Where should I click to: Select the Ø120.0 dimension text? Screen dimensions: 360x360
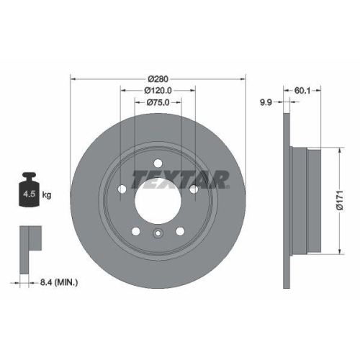[x=158, y=91]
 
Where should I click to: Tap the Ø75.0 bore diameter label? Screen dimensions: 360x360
[x=158, y=103]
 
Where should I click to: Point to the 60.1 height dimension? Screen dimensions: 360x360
[x=302, y=91]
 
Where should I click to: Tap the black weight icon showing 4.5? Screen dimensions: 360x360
[x=29, y=192]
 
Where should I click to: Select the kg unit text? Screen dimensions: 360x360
[x=47, y=194]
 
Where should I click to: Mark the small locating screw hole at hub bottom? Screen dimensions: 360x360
[x=158, y=233]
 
